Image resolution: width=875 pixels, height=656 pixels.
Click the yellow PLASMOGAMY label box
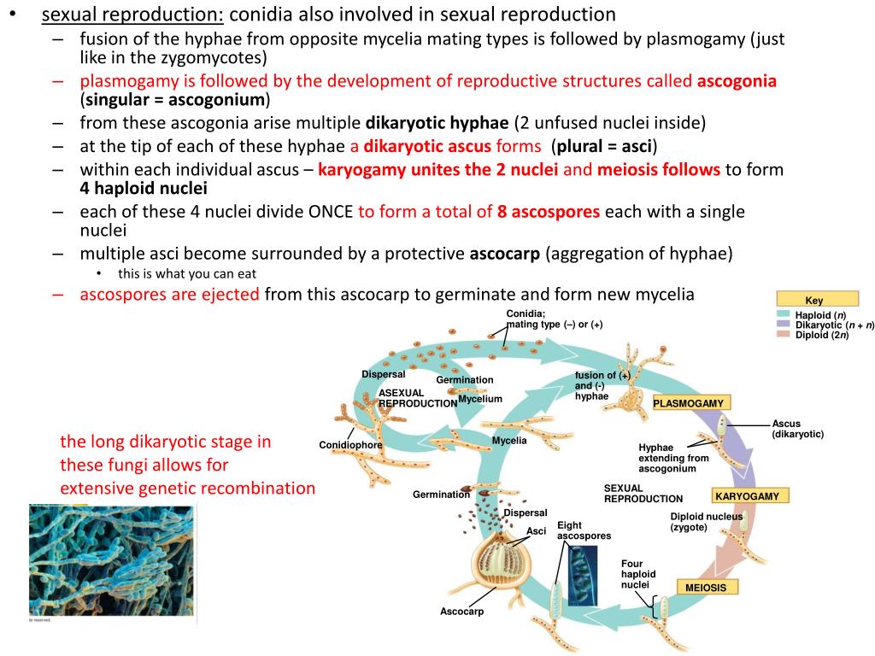pos(689,403)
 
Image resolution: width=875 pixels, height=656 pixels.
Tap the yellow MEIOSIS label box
pos(706,588)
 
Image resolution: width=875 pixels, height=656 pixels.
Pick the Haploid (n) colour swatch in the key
pos(784,315)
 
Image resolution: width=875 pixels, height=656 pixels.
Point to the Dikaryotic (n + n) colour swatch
pos(784,325)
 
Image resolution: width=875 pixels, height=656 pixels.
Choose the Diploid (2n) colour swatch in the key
pos(784,334)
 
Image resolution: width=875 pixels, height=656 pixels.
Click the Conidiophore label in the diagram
pos(350,445)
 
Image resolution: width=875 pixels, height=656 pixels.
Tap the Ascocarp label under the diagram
pos(461,612)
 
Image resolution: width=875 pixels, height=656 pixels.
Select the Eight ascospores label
pos(584,530)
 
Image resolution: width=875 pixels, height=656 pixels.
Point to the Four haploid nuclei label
pos(637,574)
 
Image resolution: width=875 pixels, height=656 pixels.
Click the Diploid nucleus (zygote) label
pos(706,522)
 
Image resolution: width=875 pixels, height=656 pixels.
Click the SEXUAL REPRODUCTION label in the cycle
pos(643,493)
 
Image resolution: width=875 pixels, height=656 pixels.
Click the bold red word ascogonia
pos(737,81)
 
